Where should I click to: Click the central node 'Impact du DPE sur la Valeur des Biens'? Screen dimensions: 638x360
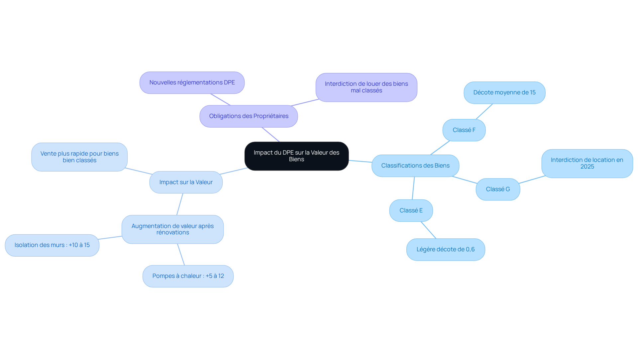[x=296, y=156]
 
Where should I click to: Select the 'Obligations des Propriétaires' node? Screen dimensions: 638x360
[x=249, y=116]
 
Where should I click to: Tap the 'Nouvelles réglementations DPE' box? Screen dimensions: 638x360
[x=192, y=82]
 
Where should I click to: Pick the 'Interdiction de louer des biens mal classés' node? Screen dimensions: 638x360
[x=367, y=87]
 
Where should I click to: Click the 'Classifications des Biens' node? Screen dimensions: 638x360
[x=415, y=166]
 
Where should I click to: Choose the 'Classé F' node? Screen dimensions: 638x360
[x=464, y=130]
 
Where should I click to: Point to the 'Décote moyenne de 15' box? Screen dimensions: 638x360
[x=504, y=92]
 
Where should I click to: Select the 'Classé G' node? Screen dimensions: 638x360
[x=498, y=189]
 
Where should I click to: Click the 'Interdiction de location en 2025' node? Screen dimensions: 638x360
[x=587, y=163]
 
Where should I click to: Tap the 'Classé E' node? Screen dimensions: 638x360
[x=411, y=210]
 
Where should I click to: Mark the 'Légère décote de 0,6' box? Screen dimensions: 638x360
[x=446, y=249]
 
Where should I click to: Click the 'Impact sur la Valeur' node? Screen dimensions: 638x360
[x=186, y=182]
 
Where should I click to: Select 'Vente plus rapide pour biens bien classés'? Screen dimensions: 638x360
[x=79, y=157]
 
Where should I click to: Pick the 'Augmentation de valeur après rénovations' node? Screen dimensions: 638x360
[x=172, y=229]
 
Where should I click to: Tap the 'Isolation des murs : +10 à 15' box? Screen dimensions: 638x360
[x=52, y=245]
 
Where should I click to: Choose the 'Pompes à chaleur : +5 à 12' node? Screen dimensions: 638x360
[x=188, y=276]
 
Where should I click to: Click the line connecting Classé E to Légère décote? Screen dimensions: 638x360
[x=429, y=230]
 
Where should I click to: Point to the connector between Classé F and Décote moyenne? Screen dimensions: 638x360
[x=484, y=111]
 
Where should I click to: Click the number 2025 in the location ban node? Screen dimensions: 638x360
[x=587, y=167]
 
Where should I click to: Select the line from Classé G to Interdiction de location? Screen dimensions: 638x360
[x=532, y=180]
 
